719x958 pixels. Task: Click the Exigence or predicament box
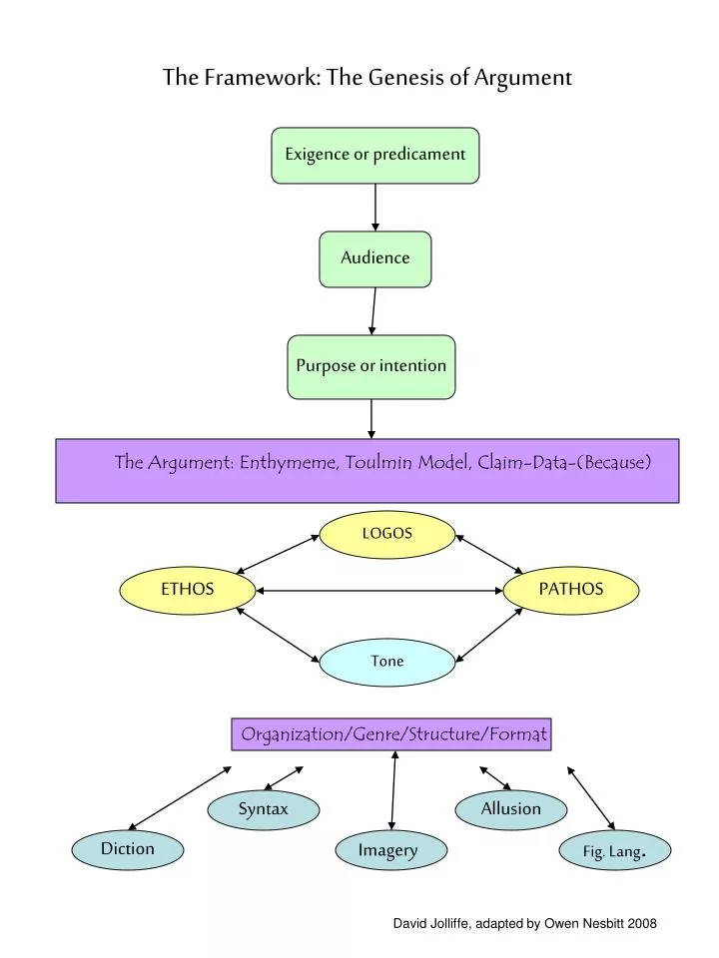point(374,156)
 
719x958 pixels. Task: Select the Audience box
point(374,259)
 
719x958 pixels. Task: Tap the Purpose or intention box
point(371,366)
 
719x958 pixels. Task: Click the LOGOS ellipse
point(387,535)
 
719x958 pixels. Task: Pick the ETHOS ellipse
point(187,590)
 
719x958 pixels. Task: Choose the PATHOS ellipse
point(571,590)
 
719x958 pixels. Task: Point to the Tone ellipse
point(387,663)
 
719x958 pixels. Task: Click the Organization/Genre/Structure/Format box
point(391,734)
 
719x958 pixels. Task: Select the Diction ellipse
point(127,850)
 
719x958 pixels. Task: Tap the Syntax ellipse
point(263,810)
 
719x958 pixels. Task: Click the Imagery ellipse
point(390,850)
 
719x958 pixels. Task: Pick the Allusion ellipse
point(510,810)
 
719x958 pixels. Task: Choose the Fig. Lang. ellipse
point(614,850)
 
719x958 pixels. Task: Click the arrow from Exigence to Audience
point(374,208)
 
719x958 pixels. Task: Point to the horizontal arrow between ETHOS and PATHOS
point(379,591)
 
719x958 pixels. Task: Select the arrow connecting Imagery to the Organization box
point(393,790)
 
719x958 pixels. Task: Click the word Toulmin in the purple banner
point(378,462)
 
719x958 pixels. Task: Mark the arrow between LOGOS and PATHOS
point(489,554)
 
